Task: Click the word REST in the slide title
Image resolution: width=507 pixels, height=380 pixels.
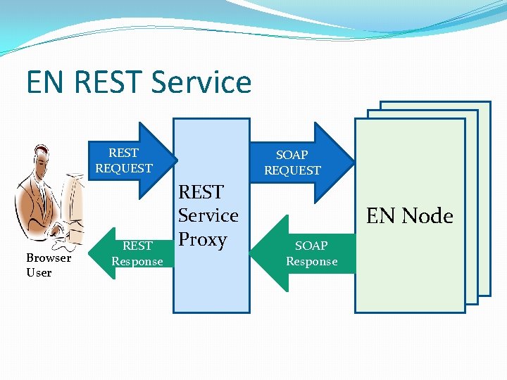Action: pos(103,82)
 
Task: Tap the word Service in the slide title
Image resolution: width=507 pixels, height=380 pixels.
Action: pos(201,82)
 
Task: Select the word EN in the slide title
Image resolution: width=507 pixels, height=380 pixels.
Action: pos(46,82)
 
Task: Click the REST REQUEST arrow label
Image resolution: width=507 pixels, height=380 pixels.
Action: pos(124,160)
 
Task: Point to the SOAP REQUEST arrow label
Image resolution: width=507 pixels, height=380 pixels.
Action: pos(292,163)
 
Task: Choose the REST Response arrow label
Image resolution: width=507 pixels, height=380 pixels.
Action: pos(137,253)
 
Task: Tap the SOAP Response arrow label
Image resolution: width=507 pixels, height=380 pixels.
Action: pos(311,253)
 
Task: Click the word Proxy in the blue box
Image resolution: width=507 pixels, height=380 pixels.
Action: pos(202,239)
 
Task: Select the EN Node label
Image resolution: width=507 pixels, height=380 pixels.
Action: pos(410,215)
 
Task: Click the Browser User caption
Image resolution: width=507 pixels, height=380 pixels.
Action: pos(49,265)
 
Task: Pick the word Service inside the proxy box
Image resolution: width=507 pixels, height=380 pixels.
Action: pos(208,215)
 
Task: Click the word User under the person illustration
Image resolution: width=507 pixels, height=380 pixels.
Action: pos(39,272)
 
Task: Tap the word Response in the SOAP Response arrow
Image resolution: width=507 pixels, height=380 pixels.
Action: pos(311,261)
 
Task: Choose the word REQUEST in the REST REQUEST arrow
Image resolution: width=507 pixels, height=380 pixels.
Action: pos(124,168)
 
